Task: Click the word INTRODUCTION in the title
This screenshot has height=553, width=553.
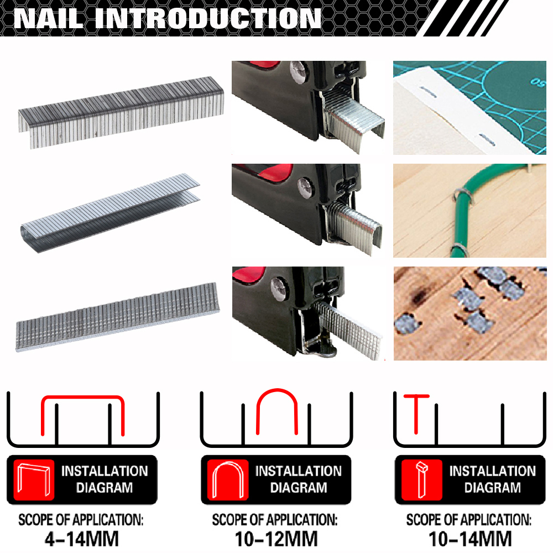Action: [x=207, y=18]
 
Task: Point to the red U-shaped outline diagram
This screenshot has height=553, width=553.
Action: [x=276, y=409]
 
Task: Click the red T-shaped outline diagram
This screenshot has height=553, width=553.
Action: [x=416, y=412]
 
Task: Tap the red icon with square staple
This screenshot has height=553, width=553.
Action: [x=33, y=479]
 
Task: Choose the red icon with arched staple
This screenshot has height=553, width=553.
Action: [x=227, y=479]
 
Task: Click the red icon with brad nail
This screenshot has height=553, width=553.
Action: [x=421, y=479]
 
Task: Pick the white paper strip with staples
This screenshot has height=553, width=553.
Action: [x=453, y=111]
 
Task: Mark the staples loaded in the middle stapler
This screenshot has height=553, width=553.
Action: [x=354, y=227]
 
